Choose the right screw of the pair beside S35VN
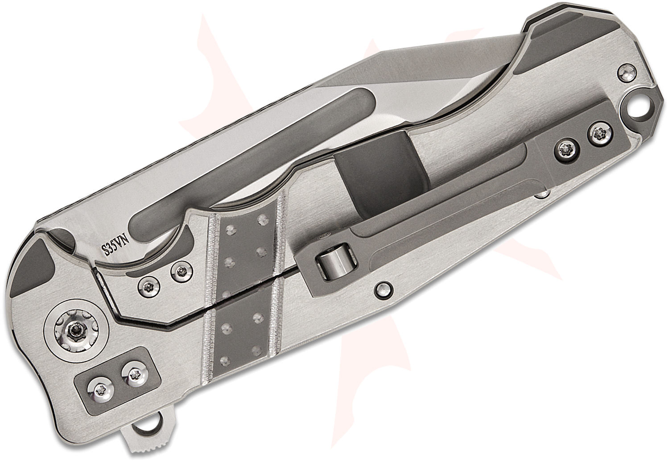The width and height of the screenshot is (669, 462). tap(180, 270)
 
